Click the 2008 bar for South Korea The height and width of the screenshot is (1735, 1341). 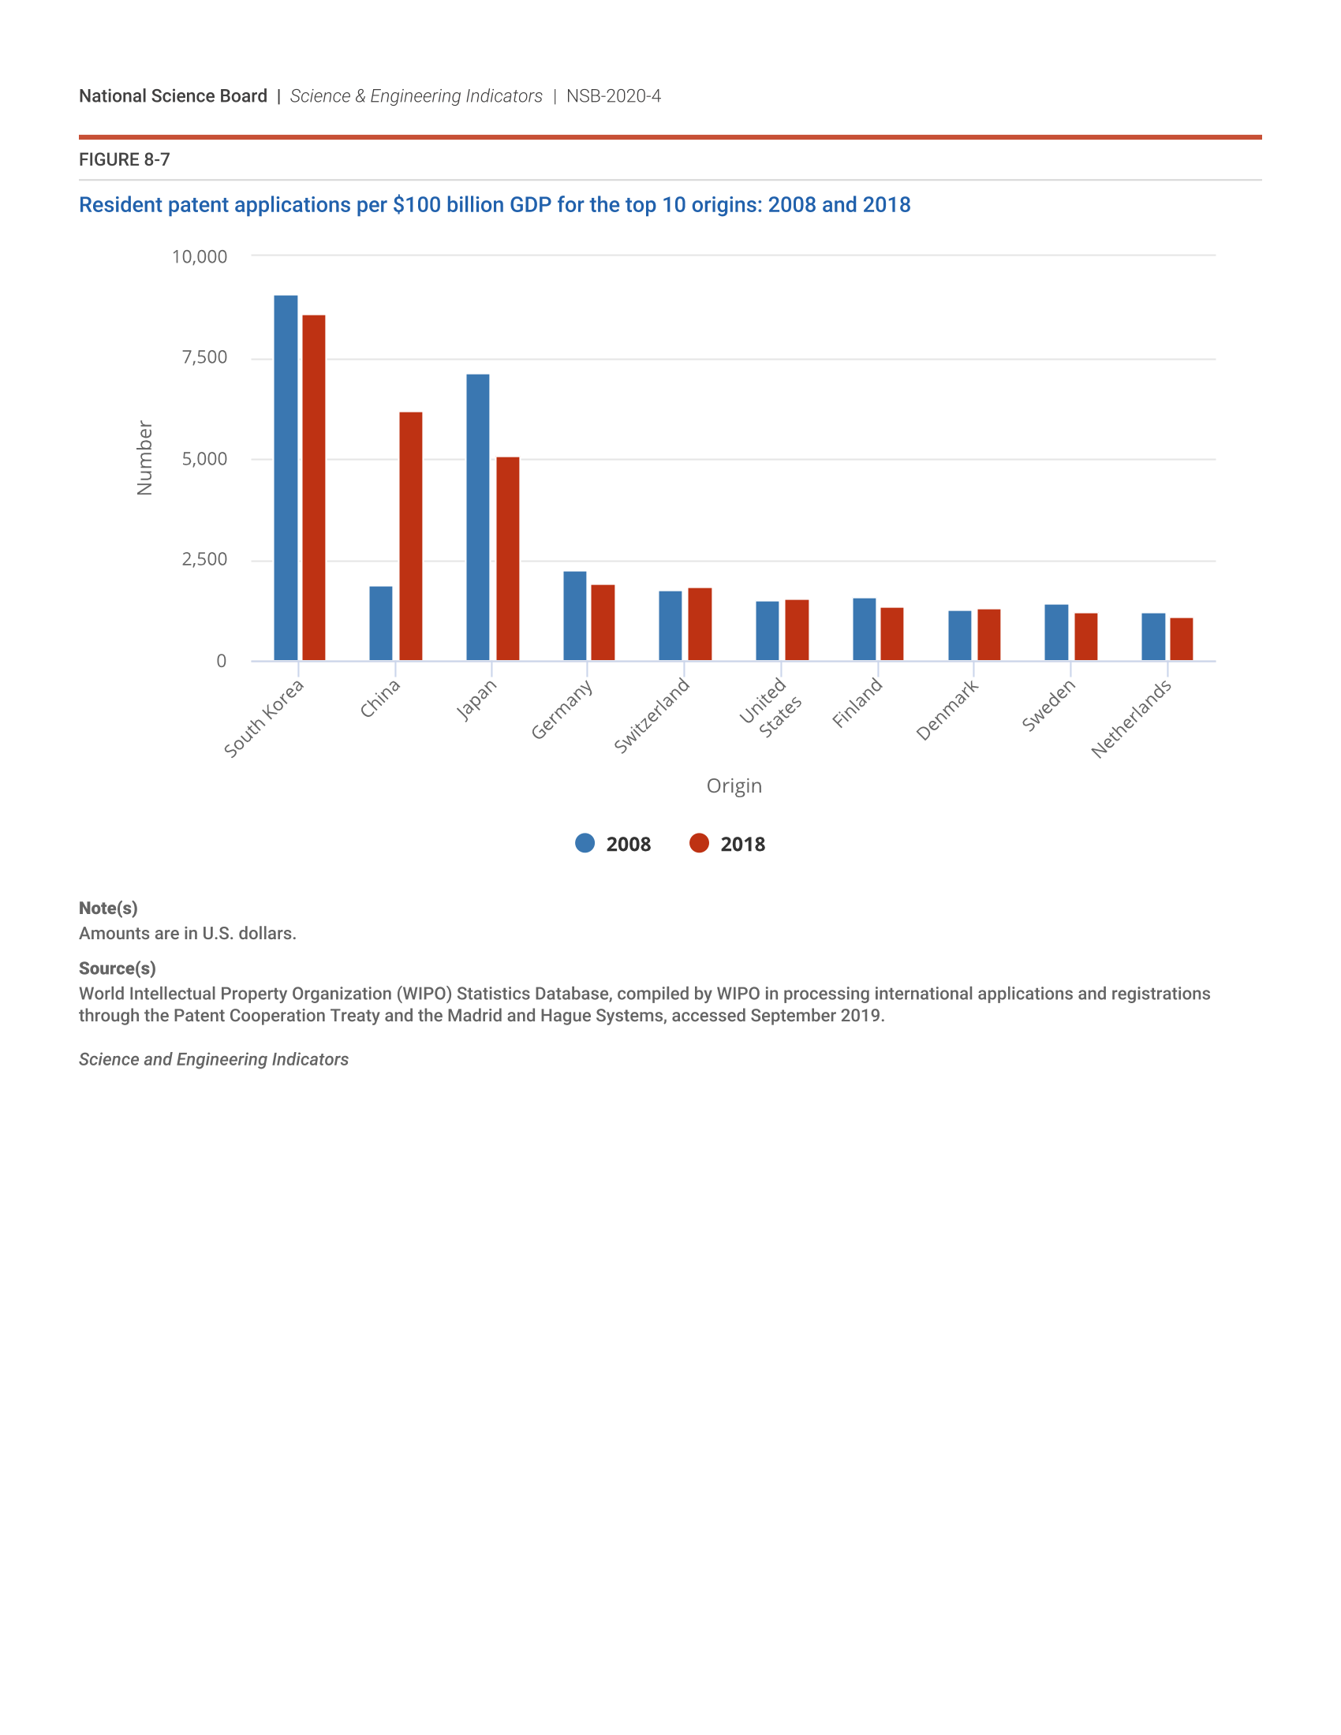click(286, 477)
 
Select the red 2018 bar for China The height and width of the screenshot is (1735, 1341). click(411, 536)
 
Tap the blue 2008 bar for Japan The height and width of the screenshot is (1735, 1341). click(477, 517)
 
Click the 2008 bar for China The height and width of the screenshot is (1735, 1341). click(380, 623)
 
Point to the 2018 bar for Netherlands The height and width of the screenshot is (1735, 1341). click(1182, 639)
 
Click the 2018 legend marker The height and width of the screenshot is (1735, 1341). click(699, 843)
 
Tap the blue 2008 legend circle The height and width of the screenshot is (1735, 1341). click(585, 843)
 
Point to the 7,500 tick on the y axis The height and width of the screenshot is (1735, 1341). click(205, 357)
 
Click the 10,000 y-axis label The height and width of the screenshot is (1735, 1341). click(200, 256)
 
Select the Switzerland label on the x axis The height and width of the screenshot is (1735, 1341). click(652, 716)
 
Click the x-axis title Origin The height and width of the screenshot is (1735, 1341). click(734, 785)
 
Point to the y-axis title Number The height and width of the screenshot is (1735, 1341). click(144, 458)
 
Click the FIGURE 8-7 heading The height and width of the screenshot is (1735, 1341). click(125, 159)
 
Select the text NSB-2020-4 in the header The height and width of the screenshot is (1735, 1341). click(613, 96)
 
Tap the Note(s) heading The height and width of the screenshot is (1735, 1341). click(108, 908)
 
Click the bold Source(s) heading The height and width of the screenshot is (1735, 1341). click(117, 968)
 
